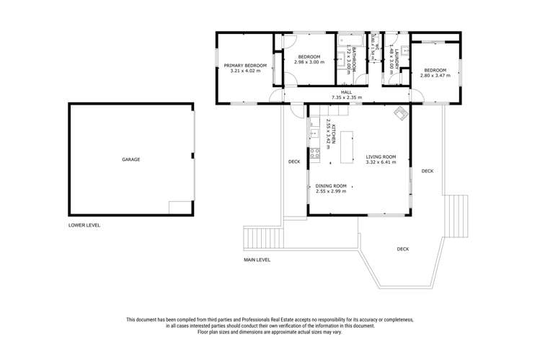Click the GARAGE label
(x=130, y=159)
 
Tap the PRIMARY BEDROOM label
(x=245, y=66)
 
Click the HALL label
(x=346, y=92)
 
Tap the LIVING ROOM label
(x=381, y=157)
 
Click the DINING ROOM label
(x=331, y=185)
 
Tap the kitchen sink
(x=314, y=133)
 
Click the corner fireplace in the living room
(x=400, y=113)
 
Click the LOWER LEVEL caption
(x=84, y=225)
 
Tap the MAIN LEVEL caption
(x=257, y=260)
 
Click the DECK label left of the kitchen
(x=294, y=162)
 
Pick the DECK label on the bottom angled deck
(x=402, y=249)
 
